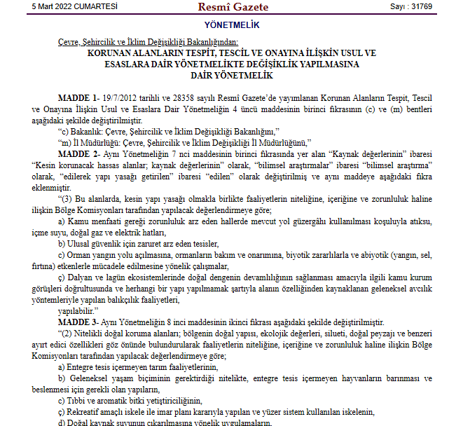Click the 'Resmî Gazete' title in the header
click(x=234, y=7)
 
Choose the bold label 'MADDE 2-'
click(x=78, y=153)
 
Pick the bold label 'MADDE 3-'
click(x=78, y=321)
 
